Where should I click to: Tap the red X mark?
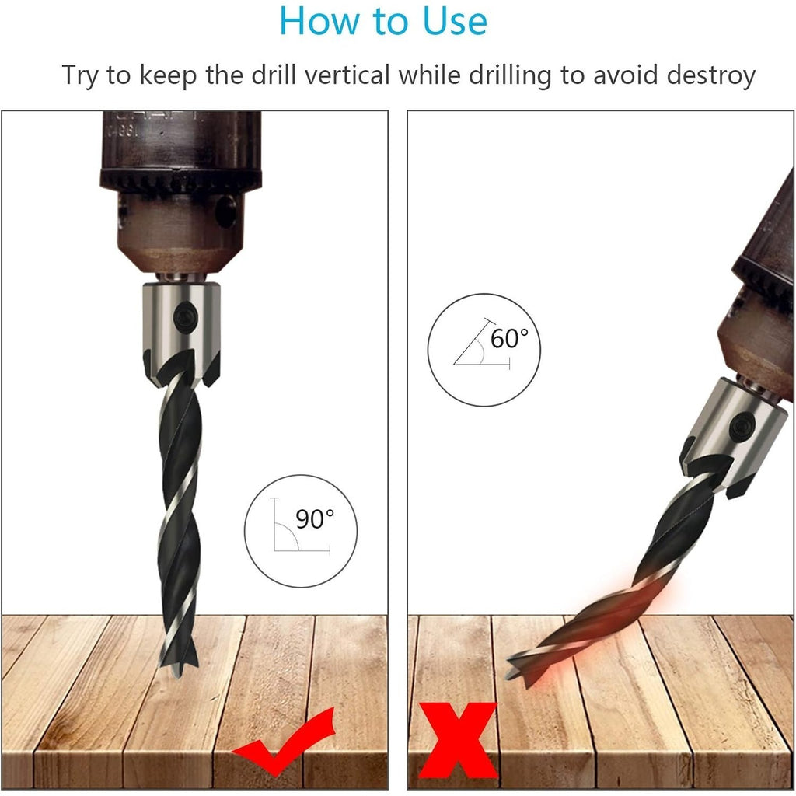pos(457,741)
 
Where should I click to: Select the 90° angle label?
pos(315,518)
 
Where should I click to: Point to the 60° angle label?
pos(509,339)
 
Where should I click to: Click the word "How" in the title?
pos(321,21)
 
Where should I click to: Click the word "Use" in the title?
pos(455,21)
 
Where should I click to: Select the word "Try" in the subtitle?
pos(80,76)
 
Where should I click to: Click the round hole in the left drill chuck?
pos(226,211)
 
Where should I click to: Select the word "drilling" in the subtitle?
pos(510,76)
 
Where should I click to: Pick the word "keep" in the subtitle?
pos(168,76)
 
